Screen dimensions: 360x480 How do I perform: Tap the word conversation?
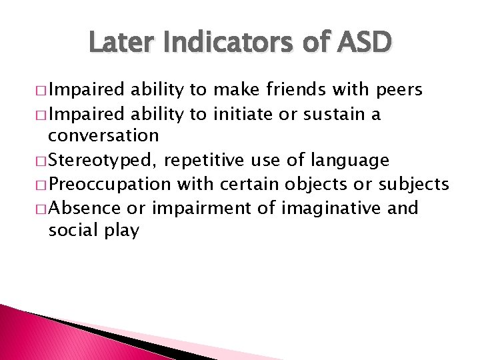point(103,137)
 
